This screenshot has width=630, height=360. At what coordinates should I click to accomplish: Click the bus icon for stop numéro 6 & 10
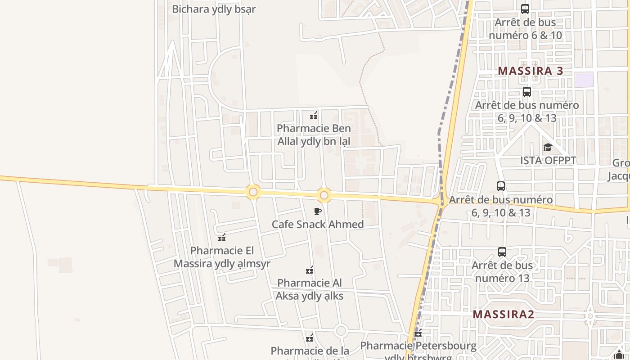click(x=525, y=9)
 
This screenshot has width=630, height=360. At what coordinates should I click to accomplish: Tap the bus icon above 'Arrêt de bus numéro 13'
click(x=502, y=252)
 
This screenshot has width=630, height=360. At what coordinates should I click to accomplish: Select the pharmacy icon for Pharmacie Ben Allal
click(x=314, y=116)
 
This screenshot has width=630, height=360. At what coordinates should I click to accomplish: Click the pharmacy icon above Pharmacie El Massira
click(x=221, y=238)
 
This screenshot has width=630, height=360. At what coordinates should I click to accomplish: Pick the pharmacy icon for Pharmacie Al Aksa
click(x=310, y=270)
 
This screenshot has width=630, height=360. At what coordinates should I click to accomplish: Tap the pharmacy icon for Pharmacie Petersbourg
click(x=418, y=333)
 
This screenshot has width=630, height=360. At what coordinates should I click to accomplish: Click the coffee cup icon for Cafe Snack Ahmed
click(x=318, y=211)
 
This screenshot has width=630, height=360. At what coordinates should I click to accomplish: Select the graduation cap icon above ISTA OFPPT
click(x=548, y=148)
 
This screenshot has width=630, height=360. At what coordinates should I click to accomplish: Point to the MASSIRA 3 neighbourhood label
click(x=531, y=71)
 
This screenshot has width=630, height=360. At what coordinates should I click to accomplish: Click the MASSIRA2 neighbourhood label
click(x=503, y=314)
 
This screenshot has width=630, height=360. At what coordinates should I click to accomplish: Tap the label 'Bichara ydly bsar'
click(x=214, y=9)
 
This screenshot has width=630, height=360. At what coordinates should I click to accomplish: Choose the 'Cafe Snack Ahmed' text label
click(x=318, y=224)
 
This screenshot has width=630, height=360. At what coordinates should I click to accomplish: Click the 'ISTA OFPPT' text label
click(x=548, y=161)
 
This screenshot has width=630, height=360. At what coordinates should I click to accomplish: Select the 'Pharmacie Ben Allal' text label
click(x=314, y=135)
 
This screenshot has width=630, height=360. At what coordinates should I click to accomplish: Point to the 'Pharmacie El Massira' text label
click(x=222, y=257)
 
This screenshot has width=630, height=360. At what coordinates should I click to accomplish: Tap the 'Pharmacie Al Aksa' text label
click(x=310, y=289)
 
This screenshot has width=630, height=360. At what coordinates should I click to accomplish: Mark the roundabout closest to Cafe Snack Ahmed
click(x=324, y=196)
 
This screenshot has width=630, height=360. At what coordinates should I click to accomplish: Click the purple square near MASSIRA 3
click(x=584, y=80)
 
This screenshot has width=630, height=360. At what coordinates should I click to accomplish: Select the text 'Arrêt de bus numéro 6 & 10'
click(x=525, y=29)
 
